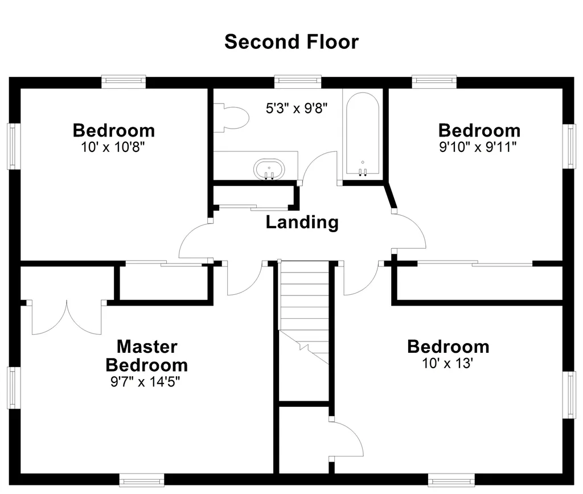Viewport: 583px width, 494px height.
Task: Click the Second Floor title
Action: point(291,42)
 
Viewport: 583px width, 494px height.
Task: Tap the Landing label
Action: point(302,223)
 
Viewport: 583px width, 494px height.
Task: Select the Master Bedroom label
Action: point(147,356)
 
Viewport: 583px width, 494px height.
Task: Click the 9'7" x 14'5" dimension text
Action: point(145,382)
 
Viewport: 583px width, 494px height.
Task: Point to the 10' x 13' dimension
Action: point(447,363)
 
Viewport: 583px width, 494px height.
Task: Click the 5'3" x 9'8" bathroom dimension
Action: point(297,109)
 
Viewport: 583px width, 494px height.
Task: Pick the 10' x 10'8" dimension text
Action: point(113,147)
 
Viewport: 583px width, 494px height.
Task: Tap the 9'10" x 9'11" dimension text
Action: point(478,147)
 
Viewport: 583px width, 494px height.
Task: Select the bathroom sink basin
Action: point(269,169)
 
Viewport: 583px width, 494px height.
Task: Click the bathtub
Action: point(363,133)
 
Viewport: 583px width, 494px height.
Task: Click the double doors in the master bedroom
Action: point(67,317)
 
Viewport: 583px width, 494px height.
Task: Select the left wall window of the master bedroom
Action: point(14,388)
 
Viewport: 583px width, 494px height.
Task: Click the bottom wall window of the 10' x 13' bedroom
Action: point(451,480)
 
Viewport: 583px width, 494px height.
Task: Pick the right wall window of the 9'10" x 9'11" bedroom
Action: point(569,146)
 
